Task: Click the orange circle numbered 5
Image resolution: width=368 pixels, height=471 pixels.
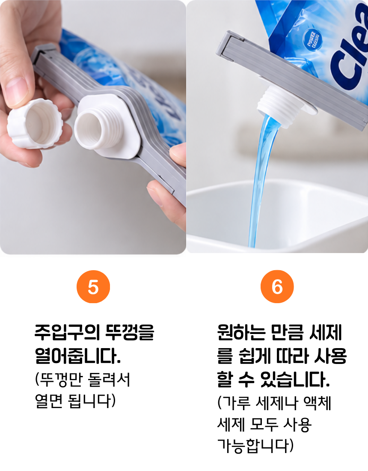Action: click(93, 286)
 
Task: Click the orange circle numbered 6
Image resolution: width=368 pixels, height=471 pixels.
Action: click(277, 286)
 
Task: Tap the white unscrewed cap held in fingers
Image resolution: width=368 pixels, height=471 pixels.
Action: click(35, 123)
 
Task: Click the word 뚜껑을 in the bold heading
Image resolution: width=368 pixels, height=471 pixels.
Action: click(130, 332)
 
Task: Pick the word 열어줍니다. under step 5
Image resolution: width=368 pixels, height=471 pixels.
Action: click(77, 356)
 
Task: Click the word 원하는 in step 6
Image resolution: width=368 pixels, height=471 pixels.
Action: click(241, 332)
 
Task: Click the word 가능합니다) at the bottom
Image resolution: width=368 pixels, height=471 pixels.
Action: click(255, 446)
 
